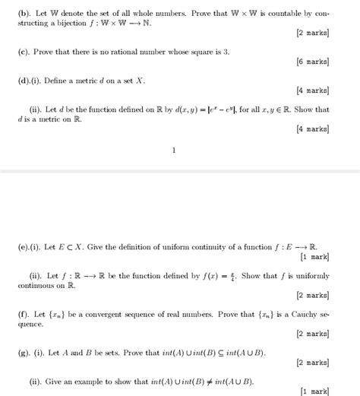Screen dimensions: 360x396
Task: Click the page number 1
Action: click(174, 150)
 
